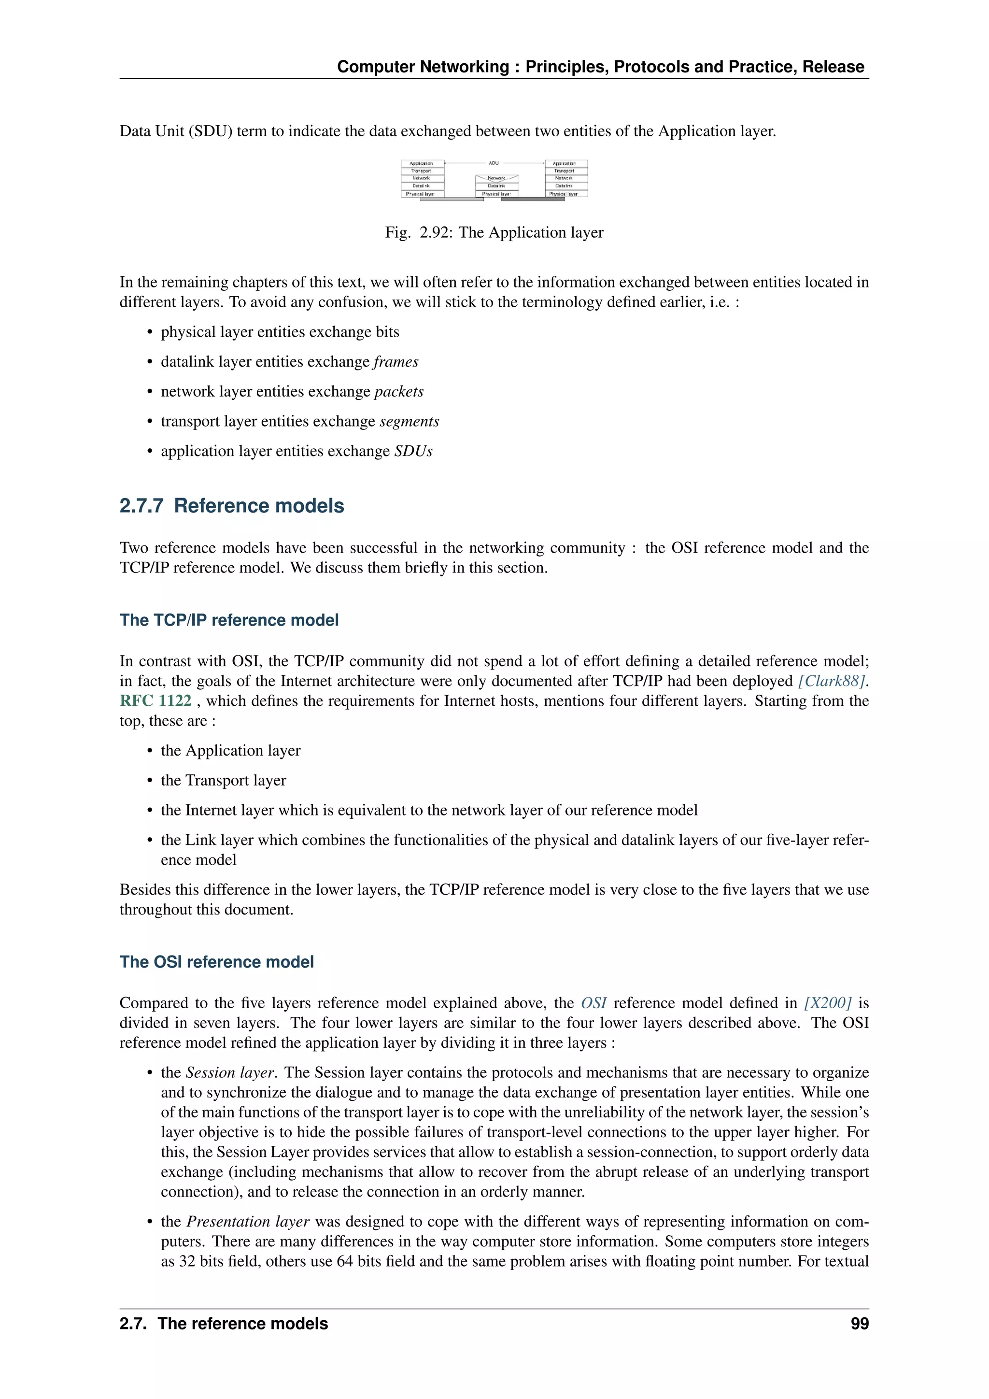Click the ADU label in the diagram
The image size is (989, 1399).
[x=493, y=163]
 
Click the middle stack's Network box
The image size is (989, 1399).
[x=496, y=179]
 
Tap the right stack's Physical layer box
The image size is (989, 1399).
[x=565, y=194]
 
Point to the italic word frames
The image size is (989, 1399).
[x=396, y=362]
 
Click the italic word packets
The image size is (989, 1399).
[x=398, y=392]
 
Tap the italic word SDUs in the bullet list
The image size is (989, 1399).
[x=413, y=452]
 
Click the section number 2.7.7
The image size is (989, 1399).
[x=141, y=506]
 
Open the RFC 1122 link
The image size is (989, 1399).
[x=155, y=701]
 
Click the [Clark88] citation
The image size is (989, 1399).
[x=831, y=681]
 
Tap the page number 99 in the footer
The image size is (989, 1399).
[x=859, y=1324]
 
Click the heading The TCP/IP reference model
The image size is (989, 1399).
[x=229, y=620]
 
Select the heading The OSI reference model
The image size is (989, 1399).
[x=217, y=962]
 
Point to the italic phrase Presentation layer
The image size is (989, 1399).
[x=248, y=1222]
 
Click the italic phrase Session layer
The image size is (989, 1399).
[x=230, y=1073]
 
